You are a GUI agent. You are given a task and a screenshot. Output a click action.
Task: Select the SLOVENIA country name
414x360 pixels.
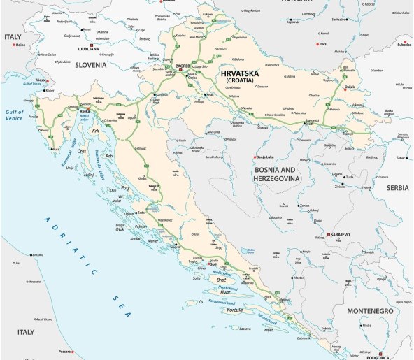(86, 65)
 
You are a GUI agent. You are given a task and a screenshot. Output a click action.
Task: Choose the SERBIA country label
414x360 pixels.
(392, 188)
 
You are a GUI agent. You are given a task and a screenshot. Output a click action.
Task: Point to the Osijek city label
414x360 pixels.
(350, 87)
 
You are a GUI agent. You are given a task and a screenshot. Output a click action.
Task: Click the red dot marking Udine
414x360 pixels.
(13, 45)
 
